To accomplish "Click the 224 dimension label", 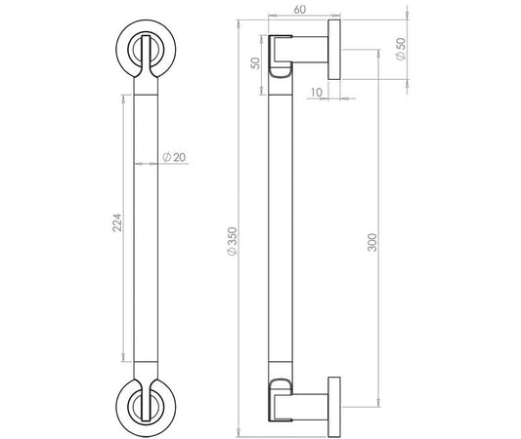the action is click(x=117, y=222).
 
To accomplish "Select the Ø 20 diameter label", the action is click(x=174, y=157).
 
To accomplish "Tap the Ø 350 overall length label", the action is click(x=232, y=241).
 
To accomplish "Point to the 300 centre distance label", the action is click(x=372, y=242).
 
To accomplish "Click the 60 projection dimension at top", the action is click(x=300, y=10).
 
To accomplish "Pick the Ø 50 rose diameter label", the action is click(x=401, y=49).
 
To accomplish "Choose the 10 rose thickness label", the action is click(x=317, y=92).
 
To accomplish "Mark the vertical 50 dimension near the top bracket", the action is click(x=255, y=63).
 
